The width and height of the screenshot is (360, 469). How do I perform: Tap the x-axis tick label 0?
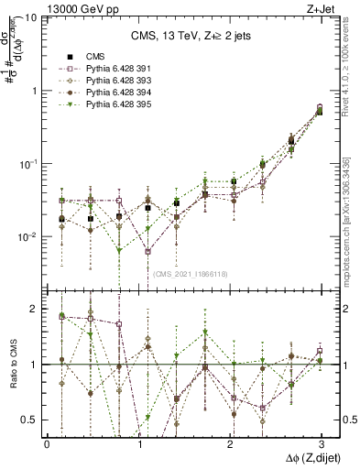coord(47,443)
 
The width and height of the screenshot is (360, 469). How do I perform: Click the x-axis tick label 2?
coord(229,443)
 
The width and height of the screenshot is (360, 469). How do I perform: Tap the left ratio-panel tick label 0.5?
coord(30,420)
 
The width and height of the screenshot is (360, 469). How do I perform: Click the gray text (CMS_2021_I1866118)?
coord(191,274)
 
